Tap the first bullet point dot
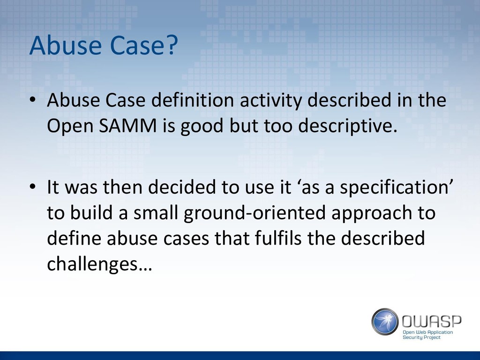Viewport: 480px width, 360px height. click(33, 100)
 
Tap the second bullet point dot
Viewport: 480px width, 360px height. click(33, 187)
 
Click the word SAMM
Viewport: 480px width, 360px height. click(128, 126)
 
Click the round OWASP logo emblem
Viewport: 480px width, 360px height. click(385, 322)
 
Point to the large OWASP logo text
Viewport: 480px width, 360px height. click(431, 321)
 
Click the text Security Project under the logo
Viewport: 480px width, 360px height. click(421, 337)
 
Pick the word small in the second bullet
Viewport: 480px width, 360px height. click(156, 212)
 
